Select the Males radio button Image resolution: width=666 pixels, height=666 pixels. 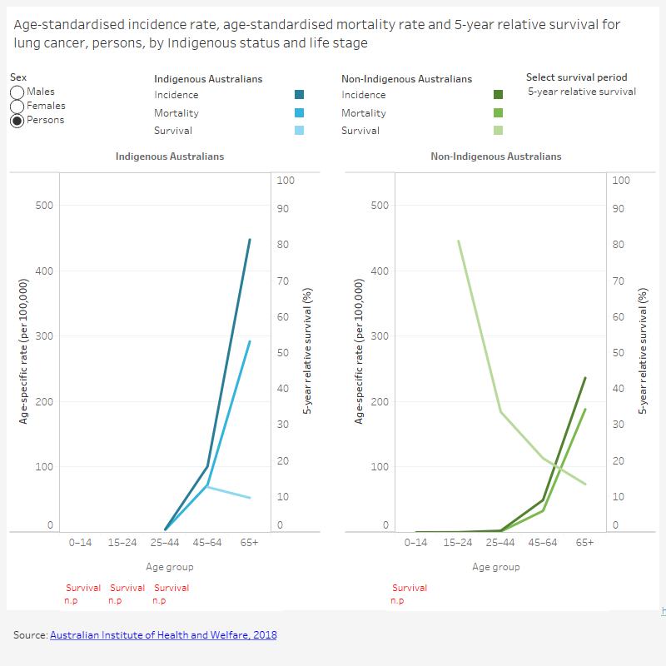tap(17, 92)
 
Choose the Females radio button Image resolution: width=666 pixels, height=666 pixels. tap(17, 106)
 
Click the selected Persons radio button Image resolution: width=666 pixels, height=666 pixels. tap(17, 120)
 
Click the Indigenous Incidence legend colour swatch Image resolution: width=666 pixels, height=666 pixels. tap(299, 95)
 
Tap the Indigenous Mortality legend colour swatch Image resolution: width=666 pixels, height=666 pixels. tap(299, 113)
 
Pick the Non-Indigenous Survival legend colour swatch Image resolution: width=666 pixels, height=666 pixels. tap(498, 130)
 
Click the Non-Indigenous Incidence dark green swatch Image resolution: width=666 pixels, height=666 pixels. tap(498, 95)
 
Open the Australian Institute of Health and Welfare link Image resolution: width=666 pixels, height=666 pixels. tap(163, 635)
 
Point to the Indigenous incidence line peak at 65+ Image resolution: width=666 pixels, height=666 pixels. tap(250, 240)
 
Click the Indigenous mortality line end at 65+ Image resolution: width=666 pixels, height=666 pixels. tap(250, 341)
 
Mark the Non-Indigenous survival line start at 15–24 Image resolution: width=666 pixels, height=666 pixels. tap(459, 241)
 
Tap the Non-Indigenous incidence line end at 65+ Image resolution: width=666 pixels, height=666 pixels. tap(585, 378)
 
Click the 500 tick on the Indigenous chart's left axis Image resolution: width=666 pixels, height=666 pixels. tap(44, 206)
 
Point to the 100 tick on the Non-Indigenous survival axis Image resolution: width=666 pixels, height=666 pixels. tap(621, 180)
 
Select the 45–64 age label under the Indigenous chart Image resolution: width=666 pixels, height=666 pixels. tap(207, 542)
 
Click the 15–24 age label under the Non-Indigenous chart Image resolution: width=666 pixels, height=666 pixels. tap(458, 542)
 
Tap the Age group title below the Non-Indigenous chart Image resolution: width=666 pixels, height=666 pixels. tap(495, 567)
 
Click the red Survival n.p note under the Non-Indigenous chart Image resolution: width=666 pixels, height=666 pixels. tap(409, 594)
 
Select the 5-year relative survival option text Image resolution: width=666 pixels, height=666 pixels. tap(582, 92)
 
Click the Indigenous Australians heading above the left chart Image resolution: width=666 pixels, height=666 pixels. tap(169, 157)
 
